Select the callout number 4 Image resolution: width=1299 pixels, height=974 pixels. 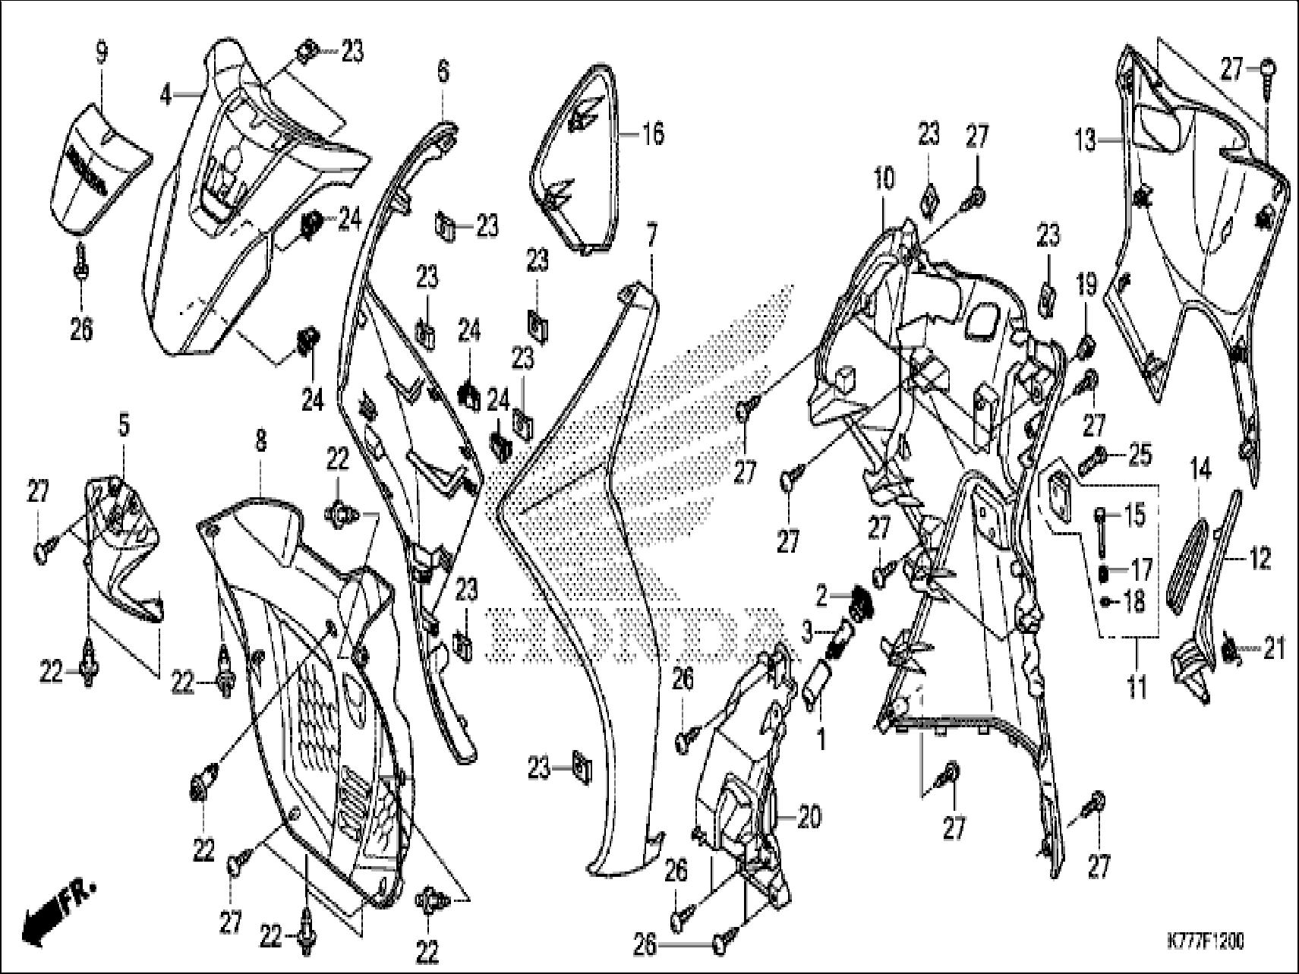pyautogui.click(x=166, y=96)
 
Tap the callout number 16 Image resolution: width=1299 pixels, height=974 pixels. pyautogui.click(x=652, y=134)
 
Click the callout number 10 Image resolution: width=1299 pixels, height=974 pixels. pyautogui.click(x=883, y=178)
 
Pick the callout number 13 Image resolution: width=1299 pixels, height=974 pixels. pyautogui.click(x=1085, y=140)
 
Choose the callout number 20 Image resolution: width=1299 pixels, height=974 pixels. pyautogui.click(x=809, y=818)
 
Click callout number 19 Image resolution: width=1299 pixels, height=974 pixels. pyautogui.click(x=1087, y=286)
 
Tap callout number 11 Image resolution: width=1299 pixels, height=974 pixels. pyautogui.click(x=1136, y=690)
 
